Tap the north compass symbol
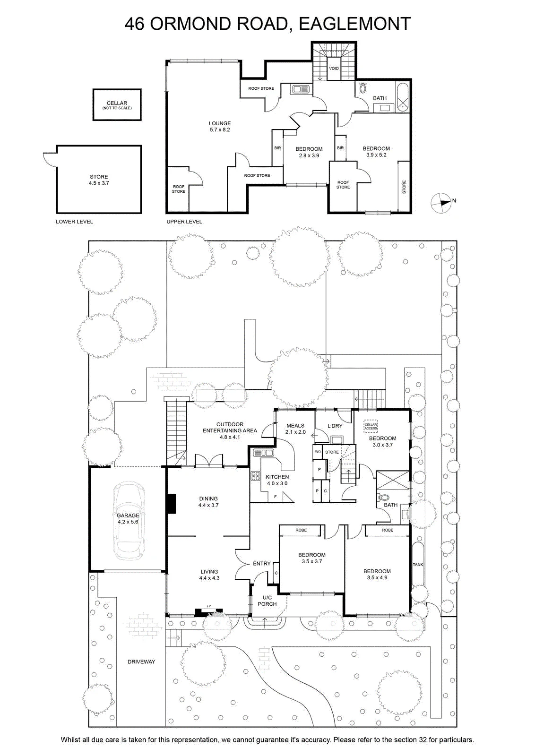[441, 203]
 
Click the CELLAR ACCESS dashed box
[370, 426]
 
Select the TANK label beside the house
[417, 564]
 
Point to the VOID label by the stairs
[334, 69]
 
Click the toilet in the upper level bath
[363, 88]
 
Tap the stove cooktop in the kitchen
[256, 476]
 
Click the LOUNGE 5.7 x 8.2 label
[220, 127]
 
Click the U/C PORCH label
[267, 601]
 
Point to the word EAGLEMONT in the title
[354, 24]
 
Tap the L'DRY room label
[335, 426]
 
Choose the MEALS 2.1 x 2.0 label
[295, 429]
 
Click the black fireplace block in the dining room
[172, 504]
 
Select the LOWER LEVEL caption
[74, 222]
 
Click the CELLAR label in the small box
[117, 103]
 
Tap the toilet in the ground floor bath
[384, 498]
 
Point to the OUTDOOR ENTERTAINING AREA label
[230, 430]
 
